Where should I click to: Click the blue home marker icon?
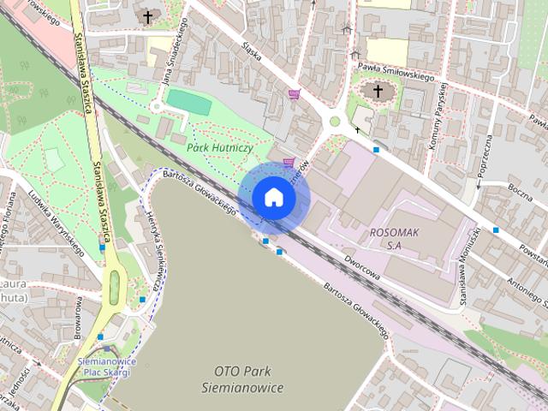point(273,197)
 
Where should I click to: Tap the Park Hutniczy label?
point(218,147)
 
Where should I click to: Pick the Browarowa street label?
point(78,316)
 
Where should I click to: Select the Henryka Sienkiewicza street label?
point(155,247)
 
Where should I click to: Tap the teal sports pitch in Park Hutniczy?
point(188,102)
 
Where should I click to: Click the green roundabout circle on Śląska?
point(335,121)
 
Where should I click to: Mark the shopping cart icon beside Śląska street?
point(295,94)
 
